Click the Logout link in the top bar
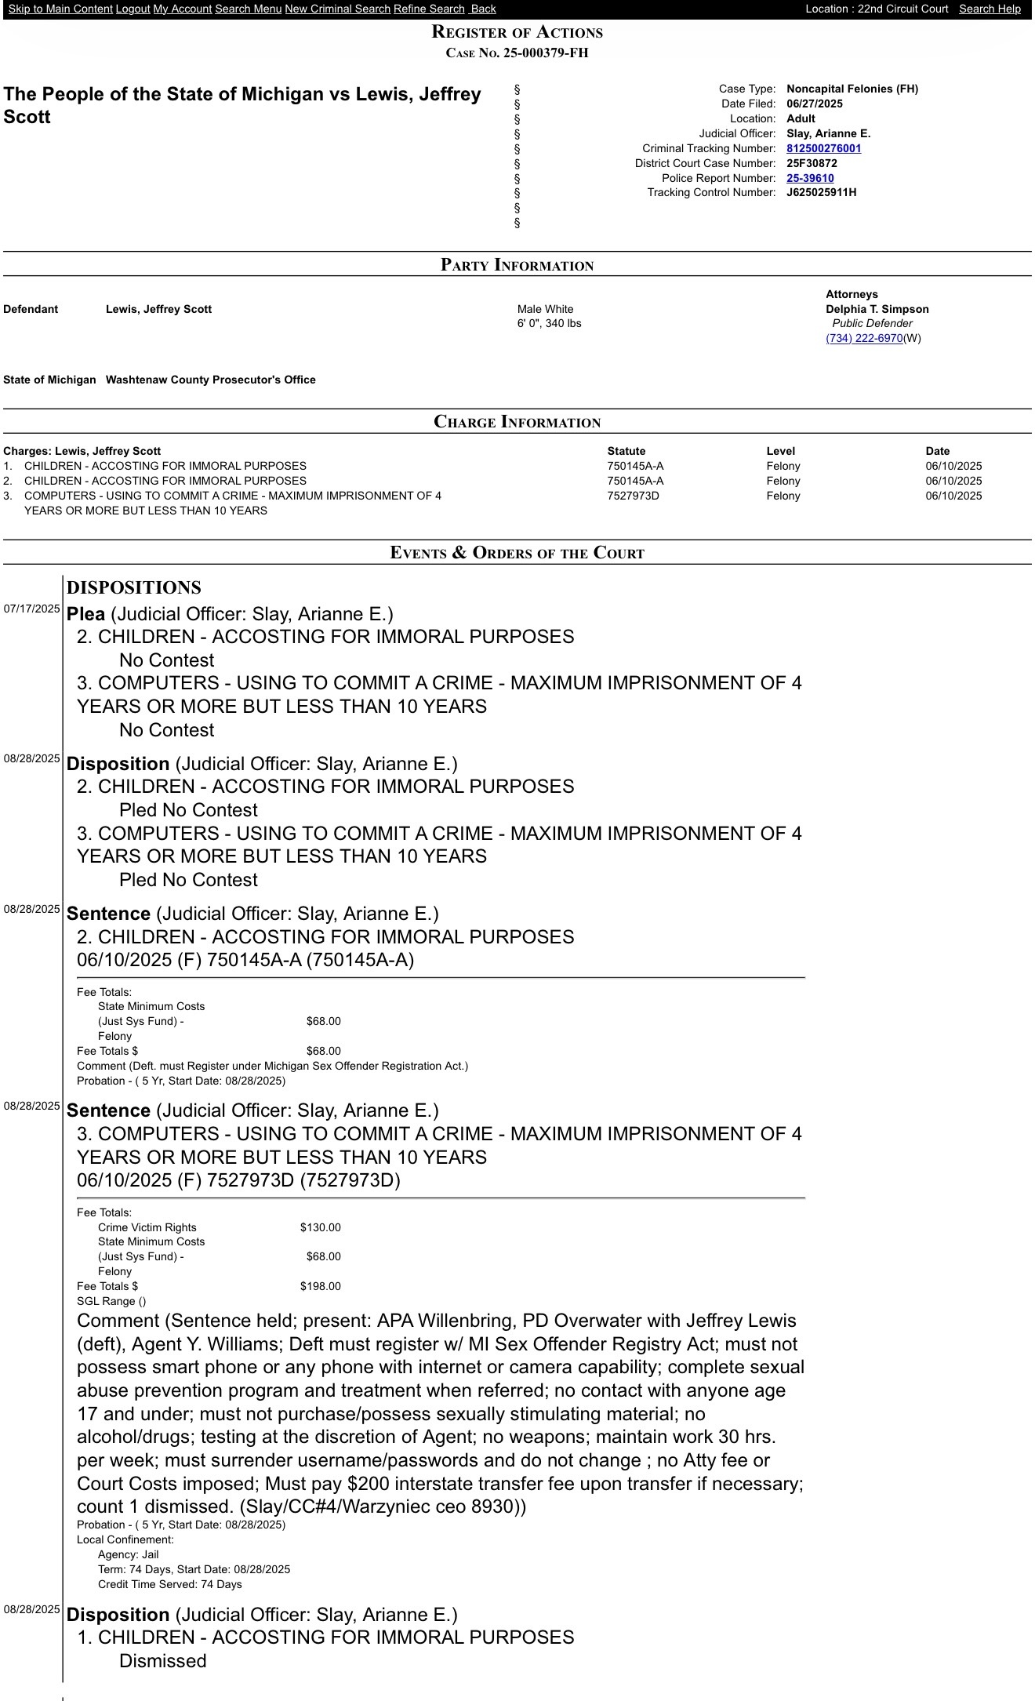click(133, 9)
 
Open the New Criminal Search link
click(337, 9)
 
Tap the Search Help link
click(990, 9)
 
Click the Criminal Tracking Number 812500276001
click(823, 148)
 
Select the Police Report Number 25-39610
click(810, 178)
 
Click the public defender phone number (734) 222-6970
click(863, 338)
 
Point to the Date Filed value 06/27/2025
click(814, 104)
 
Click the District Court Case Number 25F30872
click(812, 163)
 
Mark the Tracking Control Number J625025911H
click(821, 192)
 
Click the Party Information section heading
click(517, 264)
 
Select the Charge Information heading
click(517, 421)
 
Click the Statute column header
click(626, 451)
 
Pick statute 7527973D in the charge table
click(633, 496)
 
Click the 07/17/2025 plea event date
click(32, 609)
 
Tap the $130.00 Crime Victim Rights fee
click(320, 1227)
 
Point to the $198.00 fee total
click(320, 1286)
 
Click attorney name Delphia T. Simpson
click(877, 309)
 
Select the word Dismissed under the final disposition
click(162, 1661)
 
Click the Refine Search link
click(429, 9)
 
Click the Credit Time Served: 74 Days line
click(169, 1584)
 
